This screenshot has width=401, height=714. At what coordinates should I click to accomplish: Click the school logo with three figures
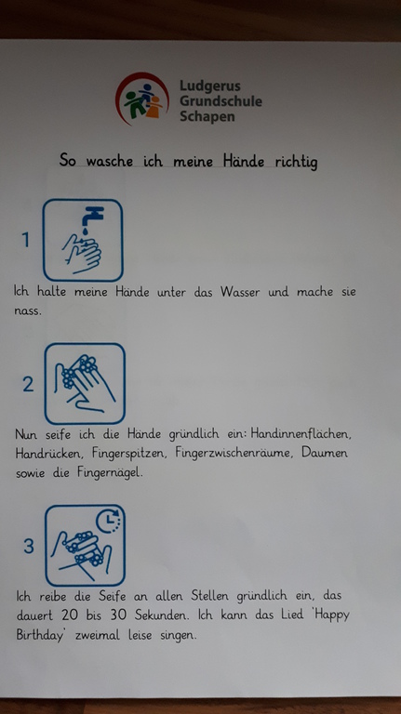141,99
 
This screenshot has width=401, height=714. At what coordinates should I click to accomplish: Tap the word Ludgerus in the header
210,86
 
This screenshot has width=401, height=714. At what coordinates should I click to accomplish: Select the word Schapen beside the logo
207,116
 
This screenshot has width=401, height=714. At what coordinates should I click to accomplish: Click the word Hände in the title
244,160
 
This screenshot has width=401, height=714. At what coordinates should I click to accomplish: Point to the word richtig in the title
296,162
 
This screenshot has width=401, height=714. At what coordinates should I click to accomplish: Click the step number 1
26,240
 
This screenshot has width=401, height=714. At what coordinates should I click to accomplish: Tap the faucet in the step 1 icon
92,217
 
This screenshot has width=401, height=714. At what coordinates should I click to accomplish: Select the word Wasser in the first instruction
240,291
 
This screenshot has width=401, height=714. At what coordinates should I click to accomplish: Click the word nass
27,311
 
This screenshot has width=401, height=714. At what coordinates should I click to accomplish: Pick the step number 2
28,384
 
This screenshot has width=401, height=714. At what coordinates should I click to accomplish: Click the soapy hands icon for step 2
85,383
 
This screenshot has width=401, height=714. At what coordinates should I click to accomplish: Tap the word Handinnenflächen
301,433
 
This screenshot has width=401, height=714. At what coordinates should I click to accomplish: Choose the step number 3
29,546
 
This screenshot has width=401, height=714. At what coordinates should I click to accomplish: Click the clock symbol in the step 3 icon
109,521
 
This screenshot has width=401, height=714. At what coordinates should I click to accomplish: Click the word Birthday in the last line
40,635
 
